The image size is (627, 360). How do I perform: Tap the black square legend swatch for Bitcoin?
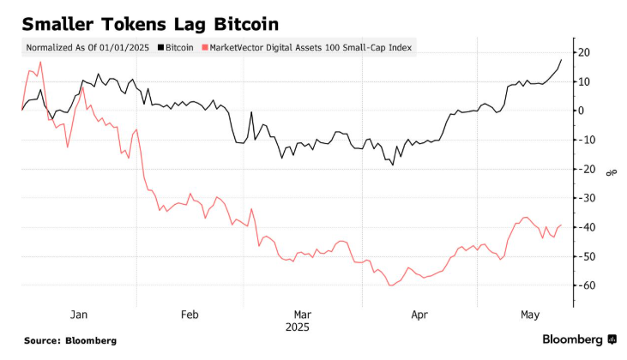tap(161, 48)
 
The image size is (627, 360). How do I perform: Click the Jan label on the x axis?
tap(79, 314)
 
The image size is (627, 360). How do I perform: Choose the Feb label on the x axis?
tap(189, 314)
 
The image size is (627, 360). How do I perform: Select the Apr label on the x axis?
tap(419, 314)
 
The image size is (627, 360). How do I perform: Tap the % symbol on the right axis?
tap(611, 171)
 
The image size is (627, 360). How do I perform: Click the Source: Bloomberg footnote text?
tap(69, 340)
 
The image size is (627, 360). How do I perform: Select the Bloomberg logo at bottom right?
tap(579, 339)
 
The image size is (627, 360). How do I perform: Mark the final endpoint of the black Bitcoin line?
tap(561, 60)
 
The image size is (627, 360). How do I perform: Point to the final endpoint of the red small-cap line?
tap(561, 225)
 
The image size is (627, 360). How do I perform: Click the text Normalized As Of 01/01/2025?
tap(88, 48)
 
